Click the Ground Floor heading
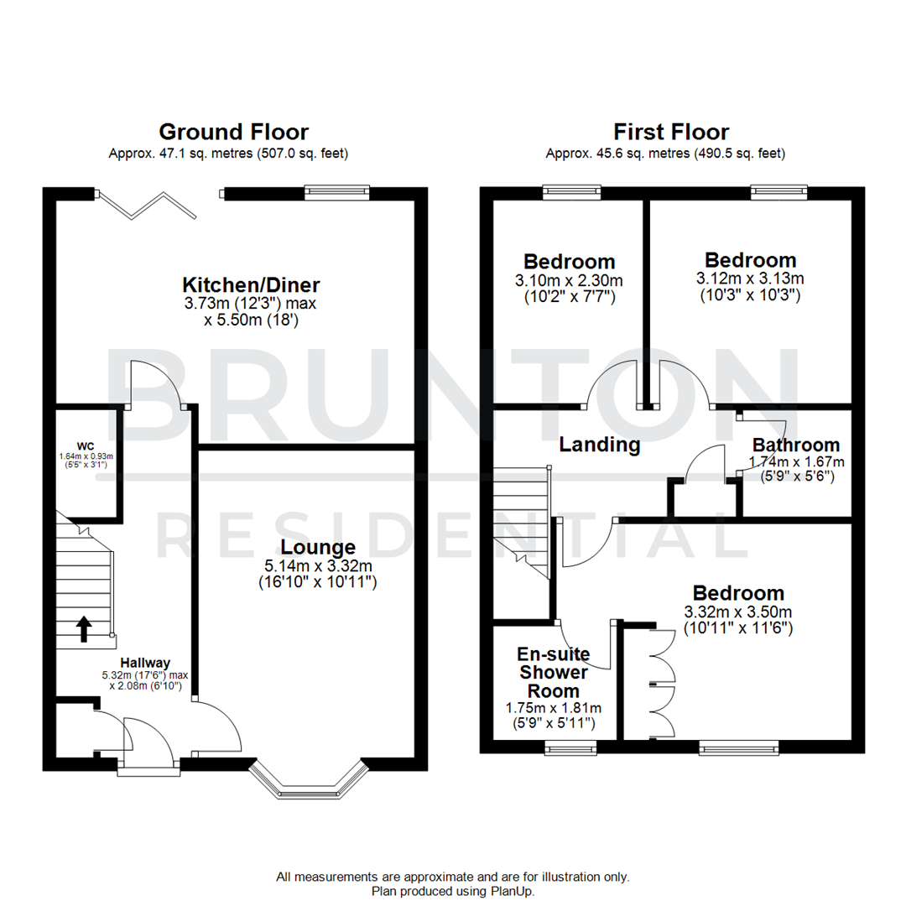coord(233,132)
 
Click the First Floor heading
coord(670,132)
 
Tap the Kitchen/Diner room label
coord(241,284)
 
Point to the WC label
coord(86,445)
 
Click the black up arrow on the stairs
coord(85,628)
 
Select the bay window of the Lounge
coord(310,780)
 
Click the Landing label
coord(601,445)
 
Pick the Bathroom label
coord(795,445)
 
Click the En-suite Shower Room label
coord(554,672)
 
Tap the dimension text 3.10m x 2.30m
coord(570,280)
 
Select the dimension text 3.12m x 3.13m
coord(750,279)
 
